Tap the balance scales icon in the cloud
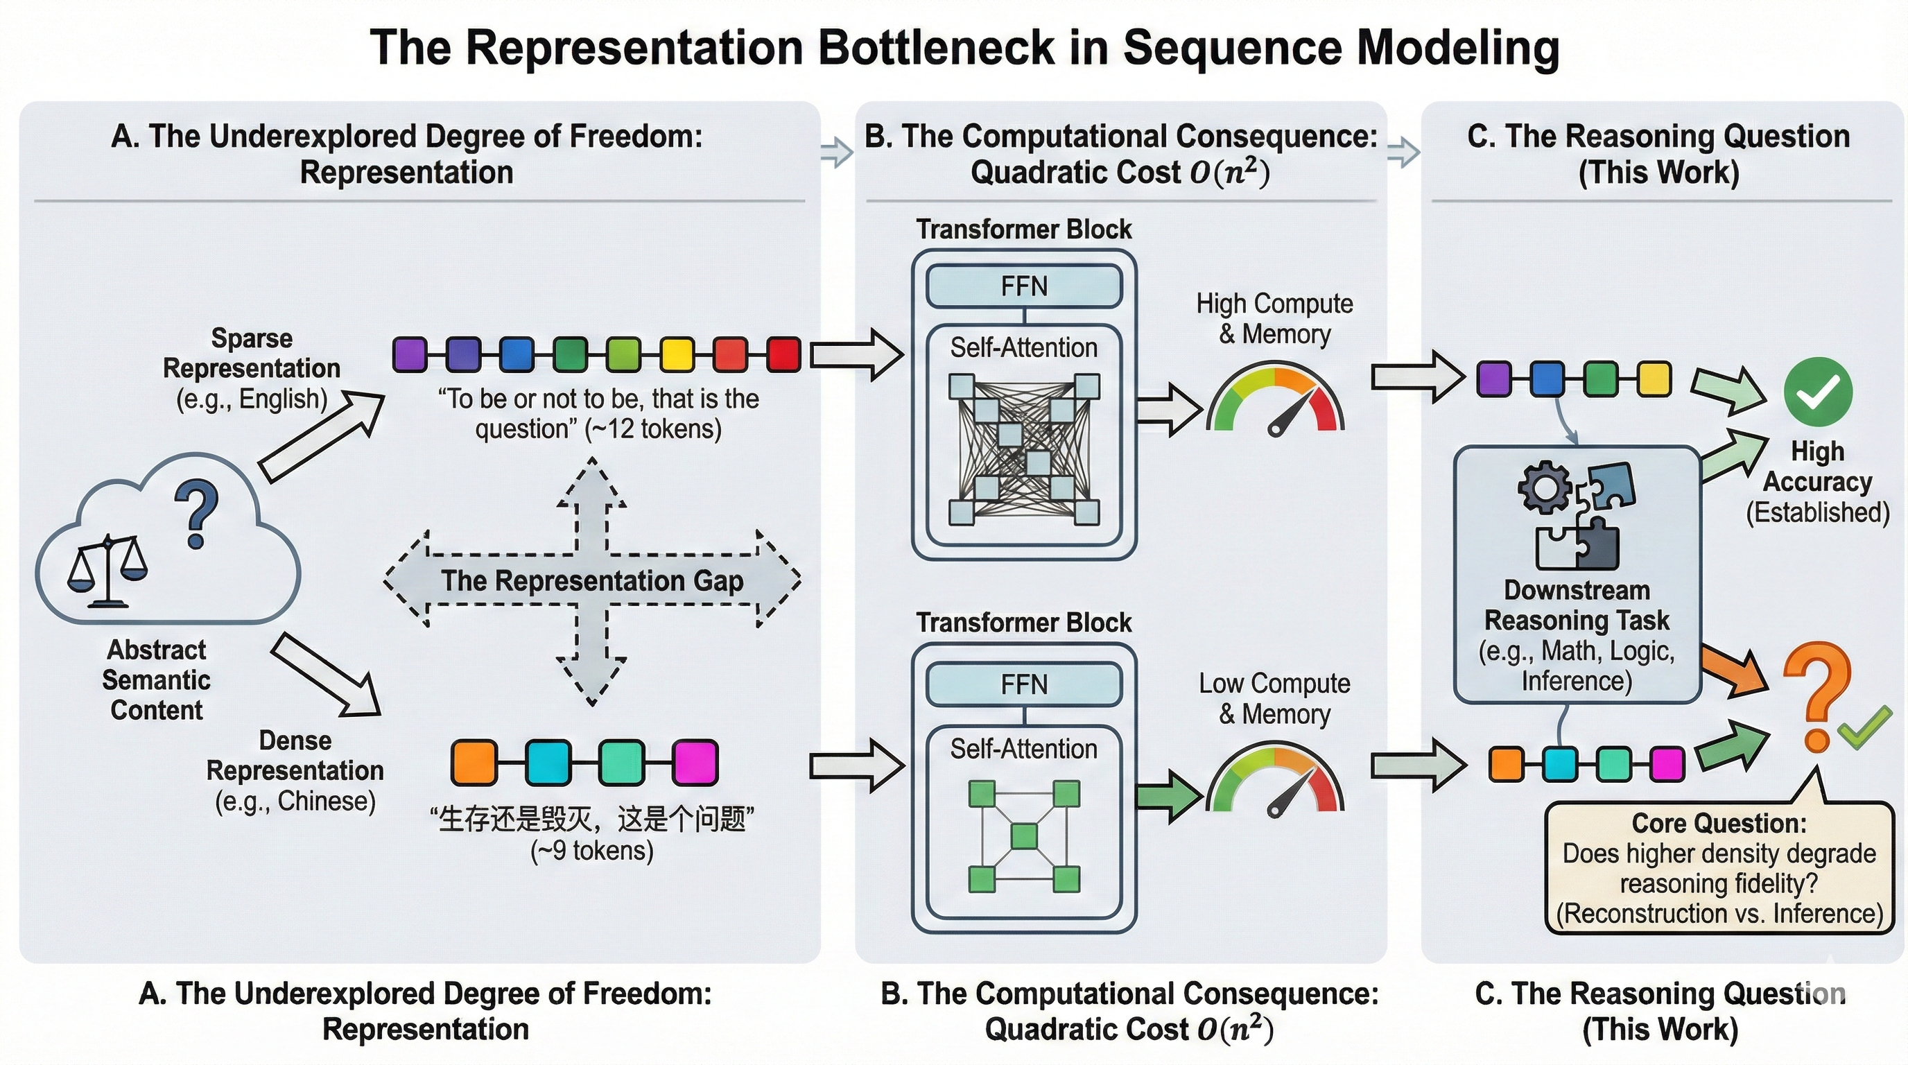coord(107,570)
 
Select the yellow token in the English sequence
coord(676,354)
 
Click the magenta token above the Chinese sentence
coord(695,762)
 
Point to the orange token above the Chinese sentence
coord(474,762)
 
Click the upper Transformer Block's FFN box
coord(1023,286)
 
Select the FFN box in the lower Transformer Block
coord(1023,684)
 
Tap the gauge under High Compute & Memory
coord(1276,400)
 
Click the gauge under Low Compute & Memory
coord(1276,782)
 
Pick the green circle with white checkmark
coord(1818,392)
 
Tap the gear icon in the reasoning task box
coord(1544,487)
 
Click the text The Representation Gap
coord(592,580)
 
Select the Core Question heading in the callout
coord(1719,824)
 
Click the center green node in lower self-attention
coord(1024,837)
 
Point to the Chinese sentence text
coord(592,819)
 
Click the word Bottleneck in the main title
coord(935,47)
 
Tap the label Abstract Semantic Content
coord(156,680)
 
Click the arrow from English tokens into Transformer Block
coord(856,355)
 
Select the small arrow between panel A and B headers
coord(837,153)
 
